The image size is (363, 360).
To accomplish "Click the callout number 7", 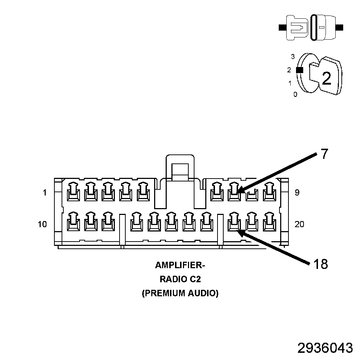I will coord(324,154).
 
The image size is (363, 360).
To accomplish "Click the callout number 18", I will coord(320,265).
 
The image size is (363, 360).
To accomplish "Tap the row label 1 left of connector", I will coord(45,193).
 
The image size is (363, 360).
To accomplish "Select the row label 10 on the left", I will coord(42,225).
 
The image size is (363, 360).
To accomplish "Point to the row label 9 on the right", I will coord(297,193).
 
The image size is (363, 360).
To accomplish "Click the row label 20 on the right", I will coord(299,225).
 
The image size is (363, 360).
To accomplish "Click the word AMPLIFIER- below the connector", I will coord(180,266).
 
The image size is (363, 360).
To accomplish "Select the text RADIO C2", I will coord(180,279).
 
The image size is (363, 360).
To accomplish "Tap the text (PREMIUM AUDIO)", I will coord(180,293).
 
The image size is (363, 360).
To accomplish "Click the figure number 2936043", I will coord(325,348).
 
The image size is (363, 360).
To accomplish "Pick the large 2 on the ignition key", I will coord(326,78).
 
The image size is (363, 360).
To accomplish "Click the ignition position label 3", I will coord(293,57).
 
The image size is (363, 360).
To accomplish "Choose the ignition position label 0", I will coord(295,95).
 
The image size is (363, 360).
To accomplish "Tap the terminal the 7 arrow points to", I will coord(234,192).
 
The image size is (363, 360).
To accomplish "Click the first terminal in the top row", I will coord(73,192).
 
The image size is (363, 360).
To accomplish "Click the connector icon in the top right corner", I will coord(311,27).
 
